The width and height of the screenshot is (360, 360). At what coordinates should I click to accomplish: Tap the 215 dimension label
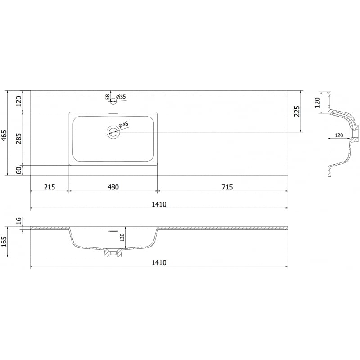(49, 187)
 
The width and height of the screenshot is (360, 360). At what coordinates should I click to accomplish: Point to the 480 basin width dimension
(113, 187)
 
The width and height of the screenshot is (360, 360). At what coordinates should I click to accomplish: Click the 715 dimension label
(227, 187)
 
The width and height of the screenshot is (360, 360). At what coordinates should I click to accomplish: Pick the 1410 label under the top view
(159, 204)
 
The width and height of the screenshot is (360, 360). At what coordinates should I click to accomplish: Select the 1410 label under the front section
(159, 263)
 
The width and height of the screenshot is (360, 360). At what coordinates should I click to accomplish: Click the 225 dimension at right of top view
(297, 111)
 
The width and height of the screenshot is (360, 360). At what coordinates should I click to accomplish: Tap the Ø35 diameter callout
(121, 97)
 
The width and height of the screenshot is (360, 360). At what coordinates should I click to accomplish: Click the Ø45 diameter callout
(123, 125)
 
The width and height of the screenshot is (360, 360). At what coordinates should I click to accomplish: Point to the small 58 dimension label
(108, 96)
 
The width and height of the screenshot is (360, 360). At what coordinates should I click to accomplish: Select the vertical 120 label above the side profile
(317, 102)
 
